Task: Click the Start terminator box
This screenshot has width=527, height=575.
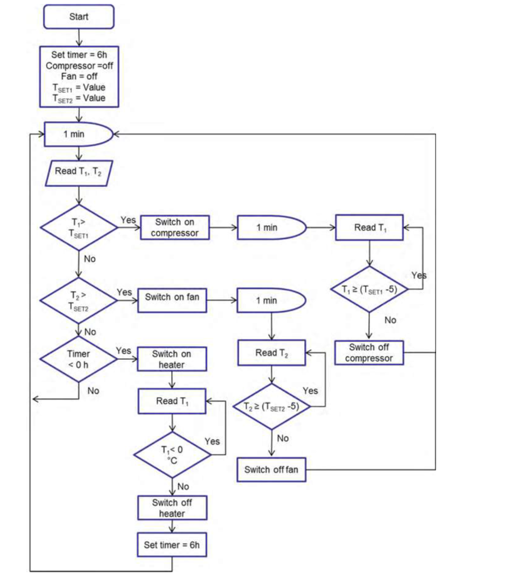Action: click(79, 17)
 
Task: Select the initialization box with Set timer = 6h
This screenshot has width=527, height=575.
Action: click(79, 76)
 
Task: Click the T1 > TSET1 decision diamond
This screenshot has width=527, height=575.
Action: click(79, 228)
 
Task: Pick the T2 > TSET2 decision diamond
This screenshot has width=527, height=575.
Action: click(79, 300)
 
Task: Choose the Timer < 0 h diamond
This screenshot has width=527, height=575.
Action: click(79, 359)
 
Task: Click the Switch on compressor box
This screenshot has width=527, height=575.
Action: click(175, 227)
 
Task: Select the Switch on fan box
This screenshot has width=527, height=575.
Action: click(172, 297)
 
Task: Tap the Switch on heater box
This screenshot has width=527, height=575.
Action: click(172, 359)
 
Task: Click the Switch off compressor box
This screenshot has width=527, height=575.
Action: click(369, 353)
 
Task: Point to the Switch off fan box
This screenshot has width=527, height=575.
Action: click(271, 470)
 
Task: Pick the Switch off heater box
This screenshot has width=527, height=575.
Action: click(172, 508)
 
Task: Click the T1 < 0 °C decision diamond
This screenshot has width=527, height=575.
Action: click(172, 454)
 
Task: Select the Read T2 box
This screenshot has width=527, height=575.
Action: click(272, 353)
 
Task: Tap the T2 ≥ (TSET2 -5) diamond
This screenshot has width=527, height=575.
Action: click(272, 407)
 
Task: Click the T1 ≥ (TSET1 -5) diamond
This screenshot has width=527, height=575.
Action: click(369, 290)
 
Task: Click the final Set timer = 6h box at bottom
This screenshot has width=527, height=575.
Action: click(172, 545)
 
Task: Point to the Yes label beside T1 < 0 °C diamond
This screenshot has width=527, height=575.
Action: click(212, 441)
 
